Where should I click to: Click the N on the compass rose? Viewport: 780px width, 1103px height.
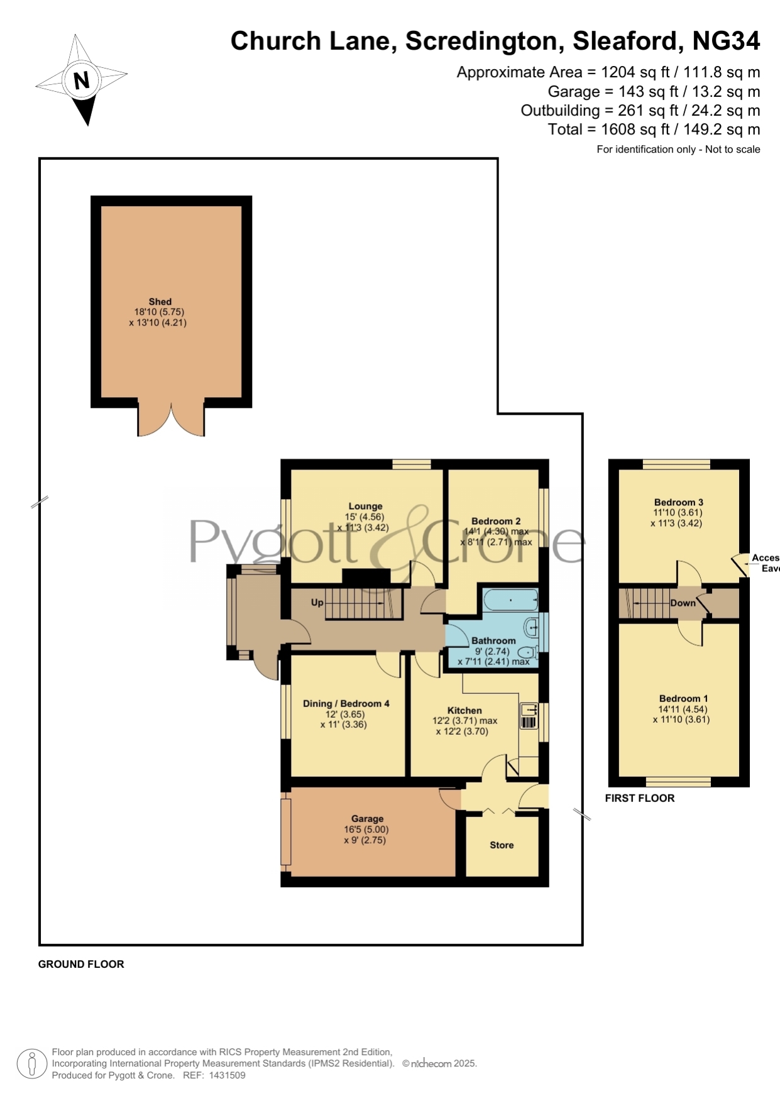click(82, 80)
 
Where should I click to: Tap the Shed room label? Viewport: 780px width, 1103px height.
click(160, 302)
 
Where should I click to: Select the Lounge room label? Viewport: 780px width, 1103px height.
click(365, 506)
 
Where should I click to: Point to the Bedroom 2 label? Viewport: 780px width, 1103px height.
click(496, 521)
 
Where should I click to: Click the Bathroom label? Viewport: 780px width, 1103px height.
click(493, 640)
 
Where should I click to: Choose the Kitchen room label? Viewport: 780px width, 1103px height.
click(464, 710)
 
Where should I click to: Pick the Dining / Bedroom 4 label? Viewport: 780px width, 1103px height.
click(346, 703)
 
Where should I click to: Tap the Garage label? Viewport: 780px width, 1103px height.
click(367, 818)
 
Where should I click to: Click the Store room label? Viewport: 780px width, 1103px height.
click(502, 845)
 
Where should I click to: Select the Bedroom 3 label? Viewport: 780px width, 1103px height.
click(679, 502)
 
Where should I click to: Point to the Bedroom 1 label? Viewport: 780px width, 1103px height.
click(683, 698)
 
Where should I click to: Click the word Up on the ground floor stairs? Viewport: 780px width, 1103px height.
click(317, 602)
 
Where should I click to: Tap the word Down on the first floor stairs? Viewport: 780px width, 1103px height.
click(683, 603)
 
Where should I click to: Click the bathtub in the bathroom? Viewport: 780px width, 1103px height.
click(511, 600)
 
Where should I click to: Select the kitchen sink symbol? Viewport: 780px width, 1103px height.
click(529, 716)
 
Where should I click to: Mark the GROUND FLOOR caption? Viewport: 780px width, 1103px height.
click(81, 964)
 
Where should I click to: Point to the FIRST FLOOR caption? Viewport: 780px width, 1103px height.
click(640, 798)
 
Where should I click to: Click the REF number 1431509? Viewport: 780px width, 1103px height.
click(227, 1075)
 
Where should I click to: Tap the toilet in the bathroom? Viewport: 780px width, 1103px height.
click(528, 653)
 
